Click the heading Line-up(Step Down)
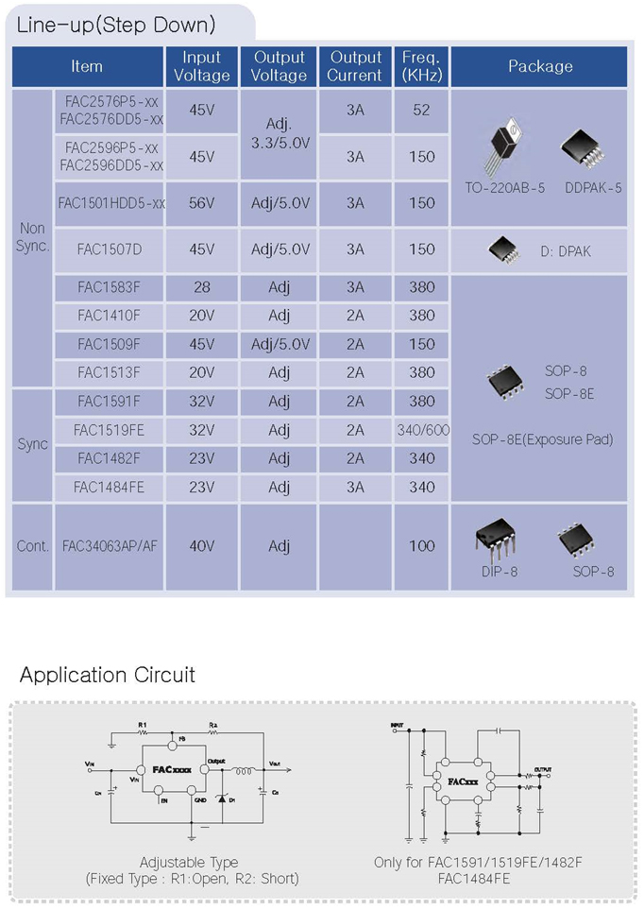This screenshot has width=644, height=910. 116,25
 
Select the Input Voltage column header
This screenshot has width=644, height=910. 201,66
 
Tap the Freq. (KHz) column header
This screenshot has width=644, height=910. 421,66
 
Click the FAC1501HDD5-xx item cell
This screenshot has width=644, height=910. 111,203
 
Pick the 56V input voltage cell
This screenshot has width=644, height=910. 201,203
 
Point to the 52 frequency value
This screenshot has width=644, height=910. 421,111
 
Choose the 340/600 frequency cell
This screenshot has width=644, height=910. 422,430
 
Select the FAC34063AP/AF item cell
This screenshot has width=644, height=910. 110,546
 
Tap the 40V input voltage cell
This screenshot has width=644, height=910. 201,546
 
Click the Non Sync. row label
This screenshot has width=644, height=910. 33,237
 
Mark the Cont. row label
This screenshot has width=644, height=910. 33,546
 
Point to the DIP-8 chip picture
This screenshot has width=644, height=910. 498,538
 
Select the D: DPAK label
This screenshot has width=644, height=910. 566,251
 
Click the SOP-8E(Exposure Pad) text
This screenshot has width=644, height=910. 542,439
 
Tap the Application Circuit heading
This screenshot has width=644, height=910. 108,675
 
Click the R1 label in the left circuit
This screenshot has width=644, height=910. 143,725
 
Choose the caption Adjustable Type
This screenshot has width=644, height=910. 189,862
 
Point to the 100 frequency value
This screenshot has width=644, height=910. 422,546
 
